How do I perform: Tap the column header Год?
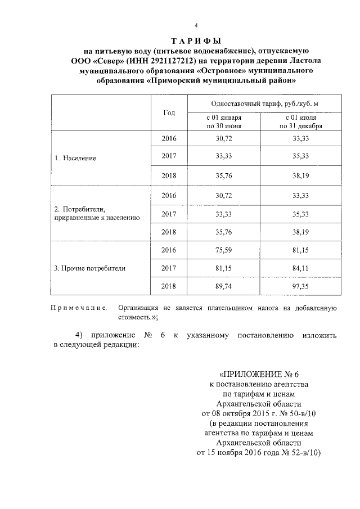click(169, 112)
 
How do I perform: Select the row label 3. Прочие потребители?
click(89, 268)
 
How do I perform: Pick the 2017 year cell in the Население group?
click(169, 158)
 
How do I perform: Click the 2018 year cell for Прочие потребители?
click(169, 286)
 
